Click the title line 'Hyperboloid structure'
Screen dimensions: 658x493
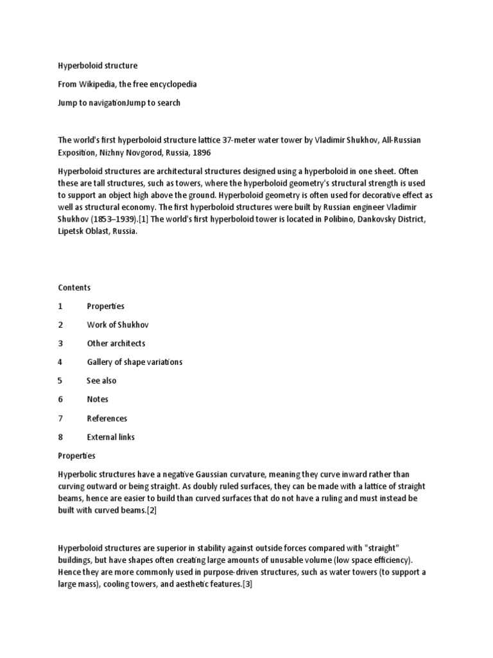[98, 66]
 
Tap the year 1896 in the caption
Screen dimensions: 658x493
[200, 152]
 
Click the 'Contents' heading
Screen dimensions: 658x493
[74, 287]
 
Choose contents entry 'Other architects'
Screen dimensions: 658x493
[116, 343]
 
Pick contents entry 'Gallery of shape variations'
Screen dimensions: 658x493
[135, 362]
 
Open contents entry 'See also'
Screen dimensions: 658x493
[101, 380]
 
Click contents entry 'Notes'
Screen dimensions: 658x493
[98, 399]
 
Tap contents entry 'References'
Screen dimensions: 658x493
[107, 418]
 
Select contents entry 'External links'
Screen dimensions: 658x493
[111, 437]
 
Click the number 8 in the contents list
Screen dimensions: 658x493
[60, 437]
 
